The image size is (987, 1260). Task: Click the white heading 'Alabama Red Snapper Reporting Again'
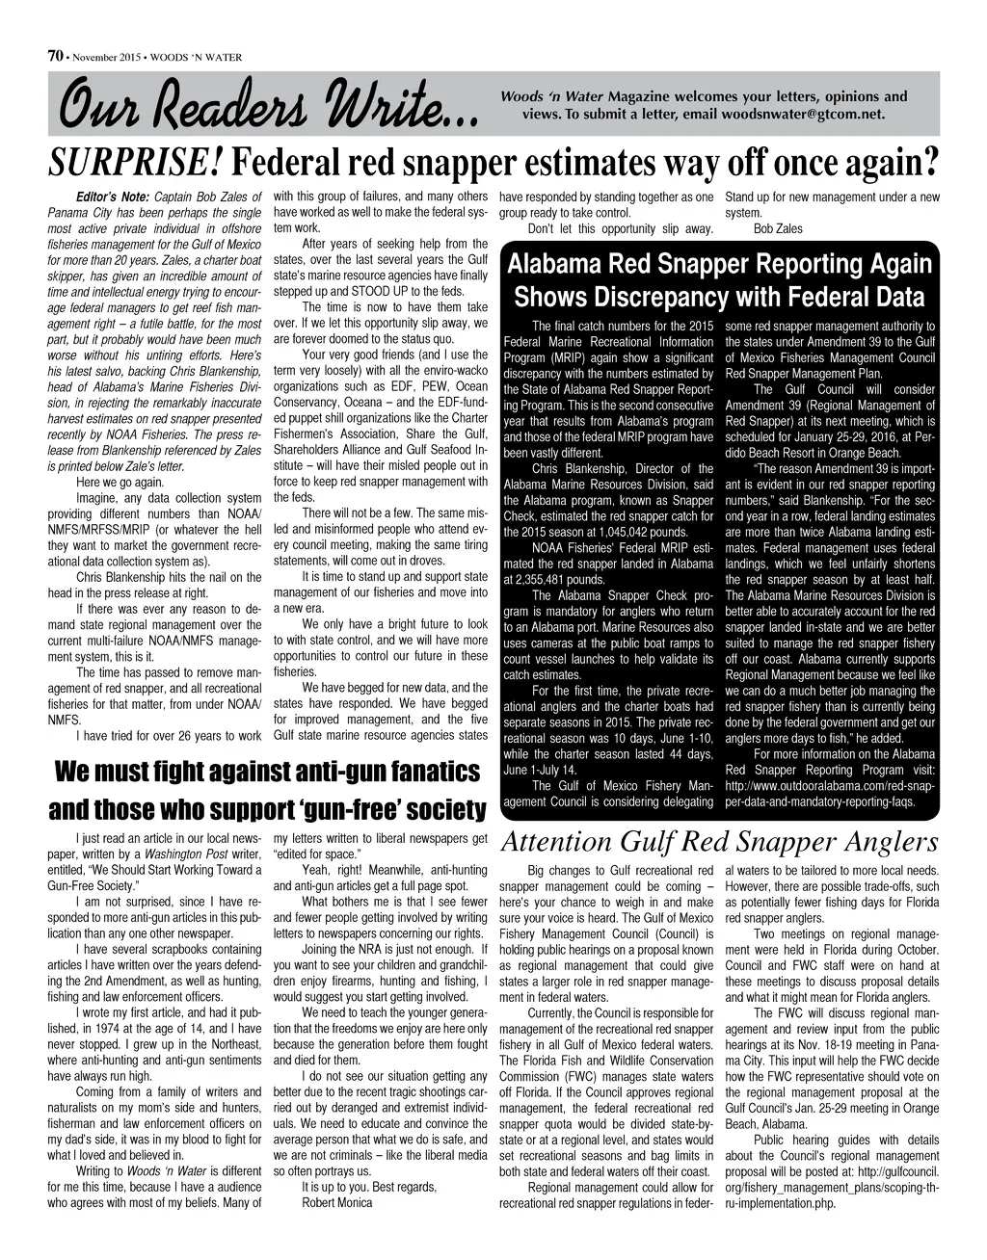coord(719,264)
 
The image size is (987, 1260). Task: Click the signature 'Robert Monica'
coord(336,1203)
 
